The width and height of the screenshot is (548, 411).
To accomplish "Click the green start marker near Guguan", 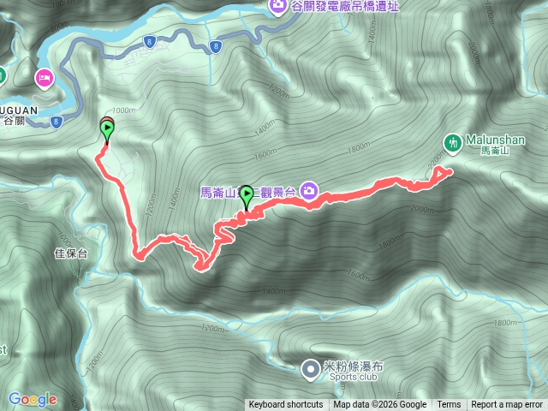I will tap(107, 131).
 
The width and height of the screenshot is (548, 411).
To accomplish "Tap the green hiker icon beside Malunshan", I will tap(453, 140).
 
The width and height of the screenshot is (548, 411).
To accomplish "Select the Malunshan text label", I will tap(495, 140).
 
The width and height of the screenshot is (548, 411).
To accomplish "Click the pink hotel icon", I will tap(43, 79).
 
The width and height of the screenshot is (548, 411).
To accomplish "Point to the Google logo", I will tap(33, 399).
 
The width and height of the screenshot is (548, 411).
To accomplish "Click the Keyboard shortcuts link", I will tap(286, 405).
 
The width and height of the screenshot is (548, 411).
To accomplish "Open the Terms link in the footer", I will tap(449, 405).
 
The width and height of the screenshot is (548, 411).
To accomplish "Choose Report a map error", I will tap(508, 405).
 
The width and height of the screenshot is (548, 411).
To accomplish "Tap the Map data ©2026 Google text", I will tap(380, 405).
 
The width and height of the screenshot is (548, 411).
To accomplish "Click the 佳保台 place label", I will tap(71, 253).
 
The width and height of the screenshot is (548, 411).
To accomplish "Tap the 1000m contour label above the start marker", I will tap(124, 110).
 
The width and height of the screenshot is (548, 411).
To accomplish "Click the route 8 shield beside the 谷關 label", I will tap(56, 122).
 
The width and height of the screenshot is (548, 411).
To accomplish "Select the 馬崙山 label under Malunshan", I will tap(495, 151).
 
